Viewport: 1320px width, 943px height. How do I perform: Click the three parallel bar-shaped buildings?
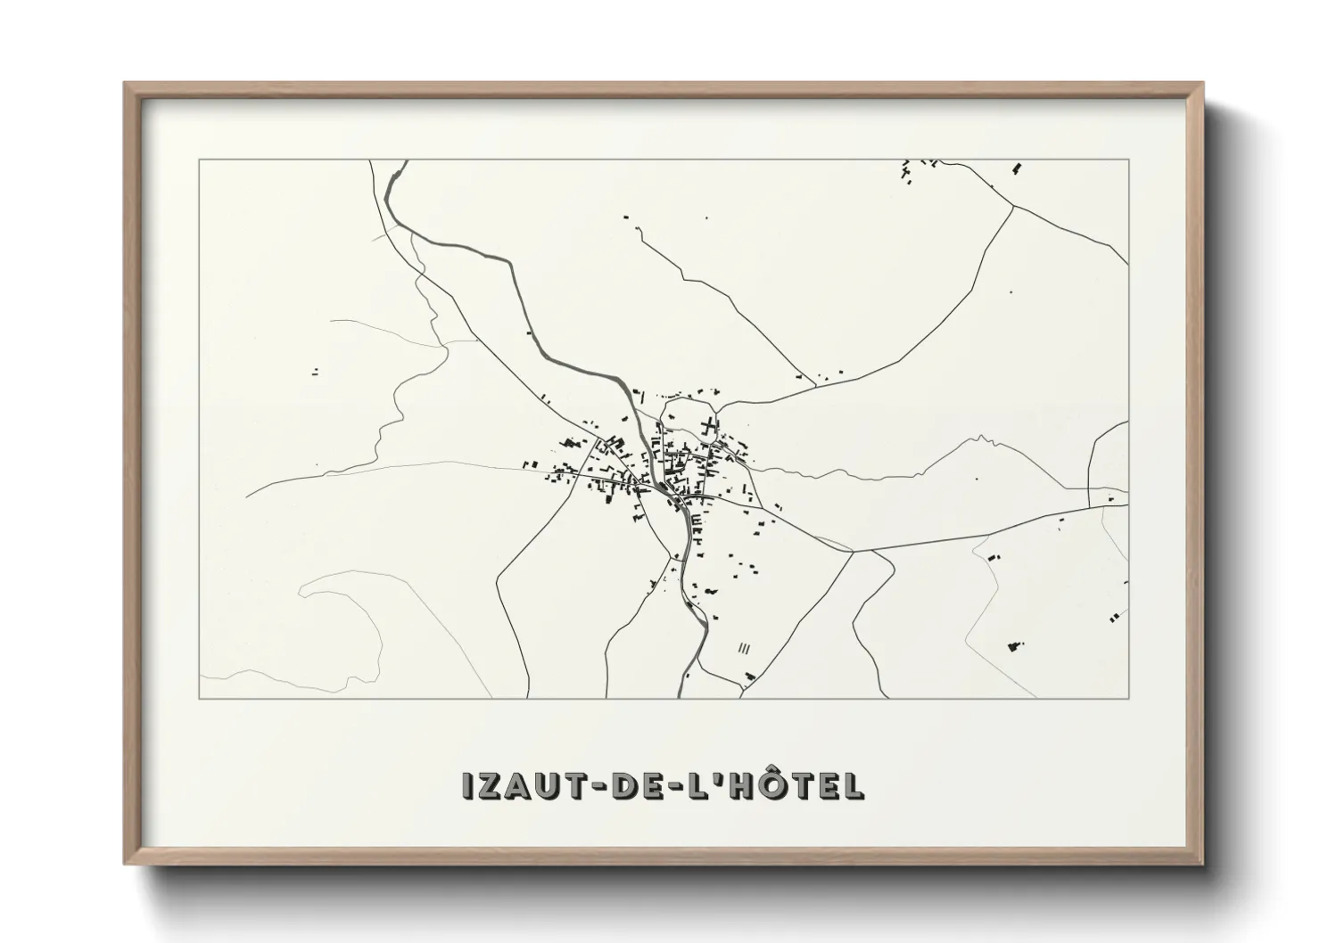745,649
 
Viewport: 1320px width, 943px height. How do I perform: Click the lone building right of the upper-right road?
1011,291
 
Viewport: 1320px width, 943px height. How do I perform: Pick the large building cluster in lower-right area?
1015,646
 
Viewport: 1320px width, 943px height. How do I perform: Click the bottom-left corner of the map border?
200,698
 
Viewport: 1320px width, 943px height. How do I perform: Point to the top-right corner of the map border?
1128,160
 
